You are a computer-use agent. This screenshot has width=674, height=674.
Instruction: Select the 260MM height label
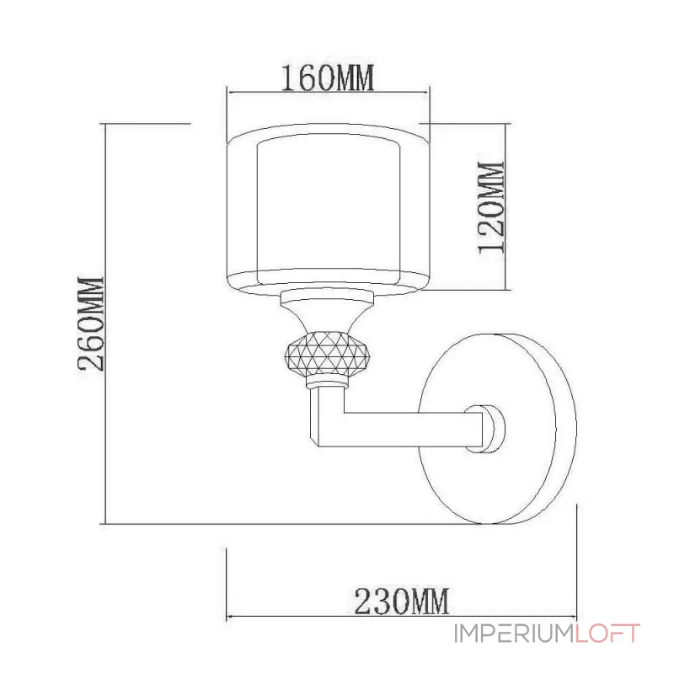[90, 324]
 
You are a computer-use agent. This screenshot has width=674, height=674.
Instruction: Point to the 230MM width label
[400, 601]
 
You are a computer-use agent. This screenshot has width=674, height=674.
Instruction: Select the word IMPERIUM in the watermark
[514, 634]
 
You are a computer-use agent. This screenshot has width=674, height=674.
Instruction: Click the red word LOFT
[608, 634]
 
